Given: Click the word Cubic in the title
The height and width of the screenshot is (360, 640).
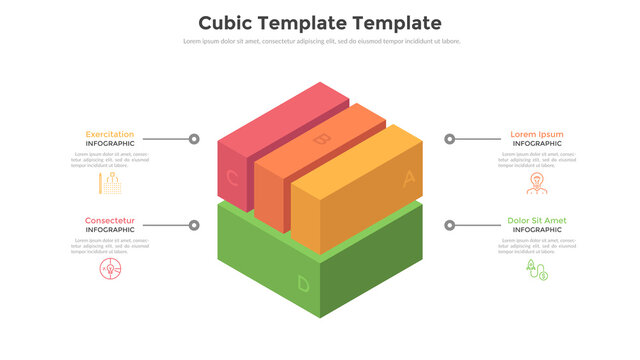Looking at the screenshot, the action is click(x=227, y=22).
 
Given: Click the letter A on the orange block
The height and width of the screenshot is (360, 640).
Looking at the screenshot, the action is click(x=408, y=179).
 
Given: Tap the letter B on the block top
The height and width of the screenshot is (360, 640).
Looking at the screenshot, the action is click(x=321, y=139).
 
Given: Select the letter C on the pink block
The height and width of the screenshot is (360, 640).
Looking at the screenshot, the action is click(x=233, y=179).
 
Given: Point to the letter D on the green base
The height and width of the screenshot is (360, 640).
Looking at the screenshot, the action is click(x=303, y=284).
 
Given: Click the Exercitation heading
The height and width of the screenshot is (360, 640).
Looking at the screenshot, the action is click(x=110, y=134).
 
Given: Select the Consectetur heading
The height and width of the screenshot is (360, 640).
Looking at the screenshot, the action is click(x=110, y=220).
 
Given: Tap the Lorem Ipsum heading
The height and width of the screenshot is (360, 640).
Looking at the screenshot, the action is click(x=537, y=134).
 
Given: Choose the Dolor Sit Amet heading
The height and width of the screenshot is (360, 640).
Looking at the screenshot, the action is click(x=537, y=220).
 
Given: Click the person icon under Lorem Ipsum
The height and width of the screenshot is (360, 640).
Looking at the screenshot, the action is click(x=537, y=183).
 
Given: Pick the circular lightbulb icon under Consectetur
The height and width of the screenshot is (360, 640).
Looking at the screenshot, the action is click(x=110, y=269).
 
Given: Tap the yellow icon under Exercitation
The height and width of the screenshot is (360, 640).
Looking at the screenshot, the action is click(x=110, y=183).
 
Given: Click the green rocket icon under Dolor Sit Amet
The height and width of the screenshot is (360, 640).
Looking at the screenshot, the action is click(x=537, y=270).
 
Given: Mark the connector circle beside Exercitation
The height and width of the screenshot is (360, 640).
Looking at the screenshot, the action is click(x=194, y=139).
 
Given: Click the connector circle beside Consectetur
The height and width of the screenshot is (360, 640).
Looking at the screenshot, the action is click(x=194, y=225).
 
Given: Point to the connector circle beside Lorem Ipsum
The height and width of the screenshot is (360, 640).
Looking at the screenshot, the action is click(x=450, y=139).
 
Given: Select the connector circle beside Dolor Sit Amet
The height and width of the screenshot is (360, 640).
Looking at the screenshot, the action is click(x=450, y=225).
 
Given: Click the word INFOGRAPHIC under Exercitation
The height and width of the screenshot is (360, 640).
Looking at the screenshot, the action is click(x=110, y=144).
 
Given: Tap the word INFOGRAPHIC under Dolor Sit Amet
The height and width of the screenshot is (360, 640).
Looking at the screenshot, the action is click(x=537, y=230).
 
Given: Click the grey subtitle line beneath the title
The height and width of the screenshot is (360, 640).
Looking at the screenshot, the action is click(x=321, y=41).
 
